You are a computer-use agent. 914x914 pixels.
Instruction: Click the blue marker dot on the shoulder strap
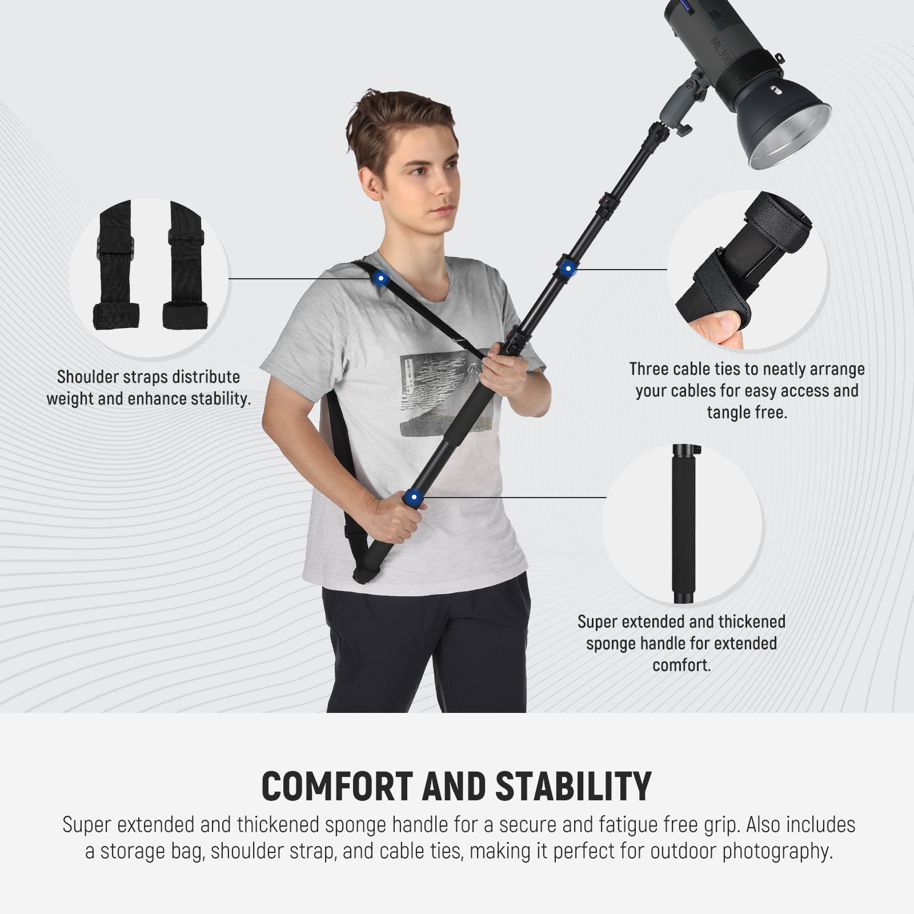[379, 278]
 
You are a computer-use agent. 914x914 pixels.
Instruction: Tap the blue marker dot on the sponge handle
[414, 498]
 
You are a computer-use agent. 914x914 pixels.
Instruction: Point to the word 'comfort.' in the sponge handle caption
[682, 666]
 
